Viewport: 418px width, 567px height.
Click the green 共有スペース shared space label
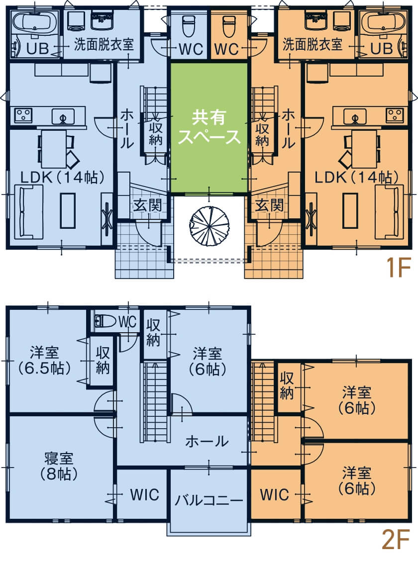point(209,127)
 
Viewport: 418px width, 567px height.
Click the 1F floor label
point(398,269)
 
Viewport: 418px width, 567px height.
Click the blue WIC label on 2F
point(144,494)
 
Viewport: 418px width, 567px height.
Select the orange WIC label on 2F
point(274,494)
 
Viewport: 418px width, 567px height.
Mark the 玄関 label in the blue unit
point(147,205)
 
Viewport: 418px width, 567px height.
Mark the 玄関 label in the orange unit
point(269,205)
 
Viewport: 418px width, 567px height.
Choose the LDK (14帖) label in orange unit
point(356,177)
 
